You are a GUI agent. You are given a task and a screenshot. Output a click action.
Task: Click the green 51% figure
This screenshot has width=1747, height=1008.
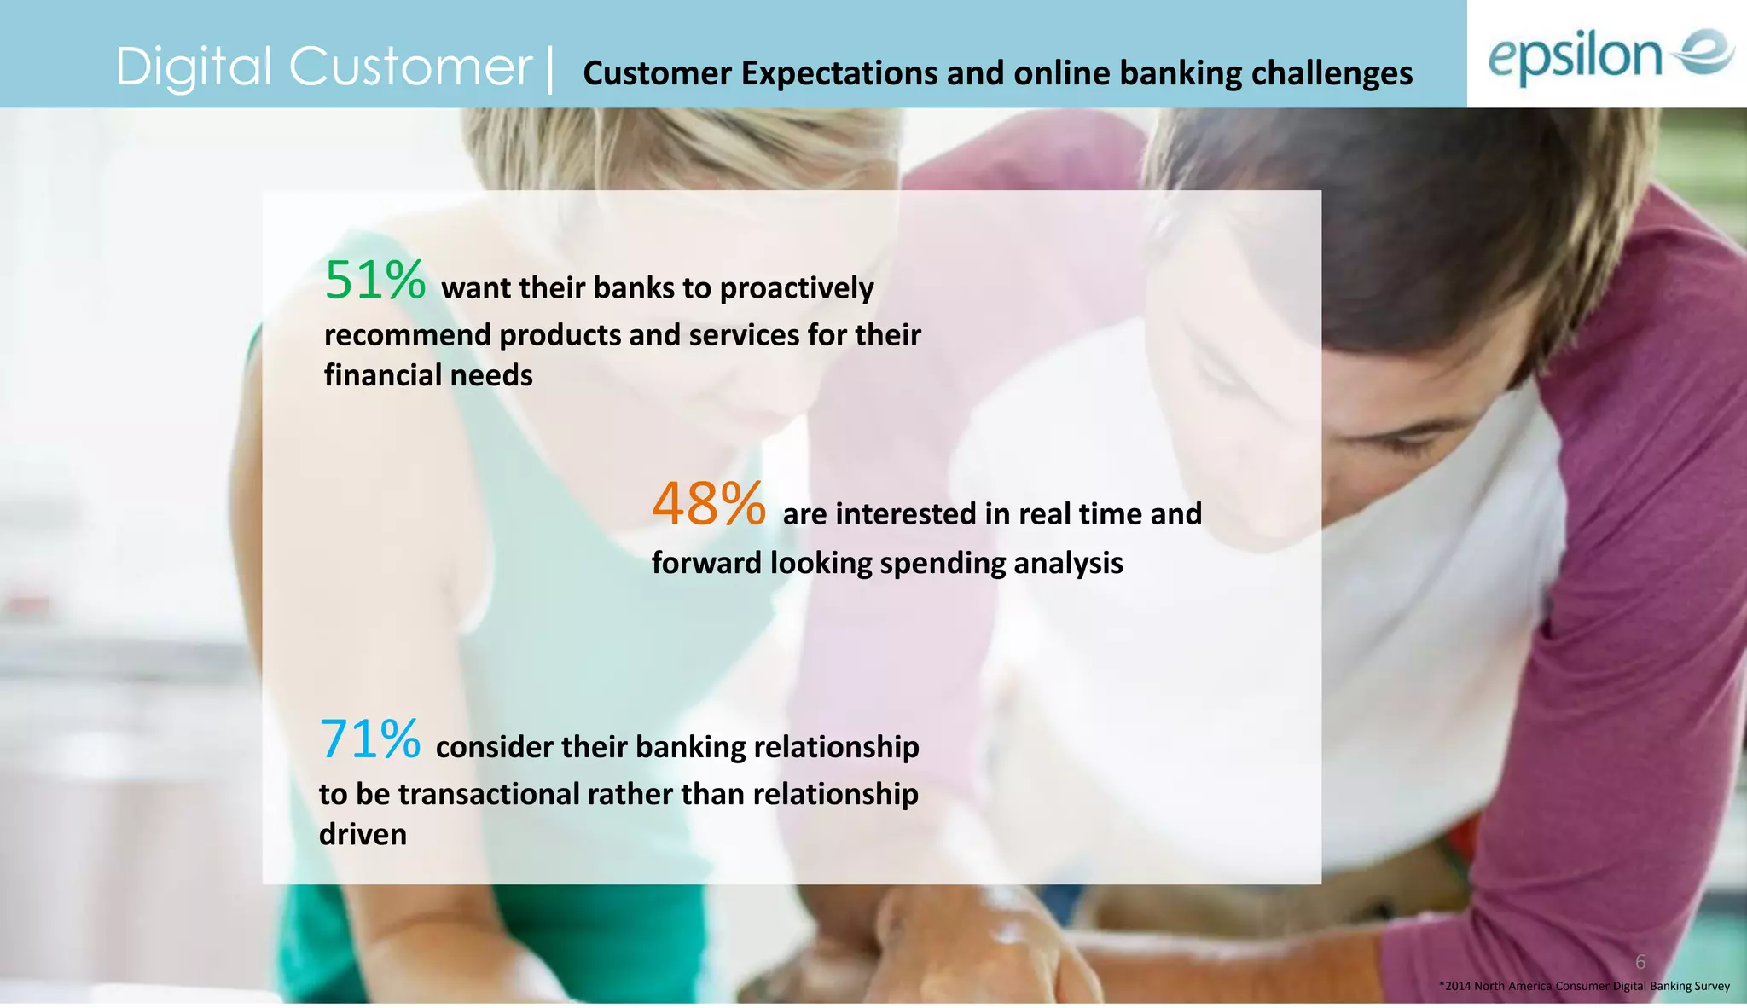pos(374,281)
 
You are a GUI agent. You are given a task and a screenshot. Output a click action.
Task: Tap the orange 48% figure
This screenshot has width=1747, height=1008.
pos(709,504)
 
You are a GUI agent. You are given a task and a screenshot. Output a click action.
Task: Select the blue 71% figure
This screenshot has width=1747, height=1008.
pos(369,739)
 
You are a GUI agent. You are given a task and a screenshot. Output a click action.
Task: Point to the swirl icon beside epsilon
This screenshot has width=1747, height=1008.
pos(1703,52)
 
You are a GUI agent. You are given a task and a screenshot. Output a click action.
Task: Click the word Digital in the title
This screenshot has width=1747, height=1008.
pos(194,68)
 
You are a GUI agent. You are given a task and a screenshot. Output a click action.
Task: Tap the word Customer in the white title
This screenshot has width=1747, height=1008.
pos(410,68)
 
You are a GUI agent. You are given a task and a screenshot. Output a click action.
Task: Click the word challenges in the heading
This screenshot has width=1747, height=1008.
pos(1332,73)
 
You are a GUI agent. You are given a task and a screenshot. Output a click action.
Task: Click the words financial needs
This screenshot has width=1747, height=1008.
pos(428,375)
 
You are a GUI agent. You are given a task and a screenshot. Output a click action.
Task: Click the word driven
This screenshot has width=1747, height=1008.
pos(363,834)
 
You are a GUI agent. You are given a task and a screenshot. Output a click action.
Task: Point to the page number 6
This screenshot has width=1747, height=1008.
pos(1640,962)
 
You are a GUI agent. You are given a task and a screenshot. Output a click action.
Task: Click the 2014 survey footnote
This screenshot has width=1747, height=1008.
pos(1584,986)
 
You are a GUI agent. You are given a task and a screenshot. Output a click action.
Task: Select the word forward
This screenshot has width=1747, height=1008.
pos(706,563)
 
